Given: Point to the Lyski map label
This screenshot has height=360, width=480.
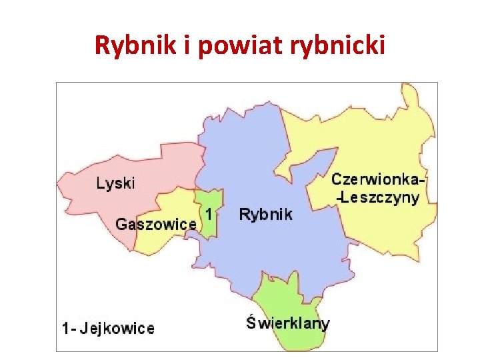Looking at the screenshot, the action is (x=115, y=183).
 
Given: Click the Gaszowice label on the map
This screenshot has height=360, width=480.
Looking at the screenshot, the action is (x=156, y=224).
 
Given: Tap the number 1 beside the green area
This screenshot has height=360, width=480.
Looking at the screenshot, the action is (x=209, y=215).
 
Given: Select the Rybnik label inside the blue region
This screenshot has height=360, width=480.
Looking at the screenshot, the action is (x=265, y=215).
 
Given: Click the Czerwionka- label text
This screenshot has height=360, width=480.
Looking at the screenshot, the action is (x=378, y=179).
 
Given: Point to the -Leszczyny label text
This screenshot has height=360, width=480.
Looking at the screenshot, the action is (x=378, y=197).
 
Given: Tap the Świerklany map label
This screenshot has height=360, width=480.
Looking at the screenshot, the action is (x=288, y=324).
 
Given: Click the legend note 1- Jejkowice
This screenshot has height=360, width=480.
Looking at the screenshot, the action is (x=107, y=328).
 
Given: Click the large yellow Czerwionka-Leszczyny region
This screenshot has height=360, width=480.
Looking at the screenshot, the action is (x=373, y=133).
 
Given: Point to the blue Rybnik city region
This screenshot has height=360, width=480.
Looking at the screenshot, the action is (x=267, y=247).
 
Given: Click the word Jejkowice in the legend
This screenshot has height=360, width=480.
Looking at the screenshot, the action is (x=119, y=328).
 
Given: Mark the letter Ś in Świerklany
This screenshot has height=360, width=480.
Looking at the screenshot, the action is (x=251, y=323).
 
